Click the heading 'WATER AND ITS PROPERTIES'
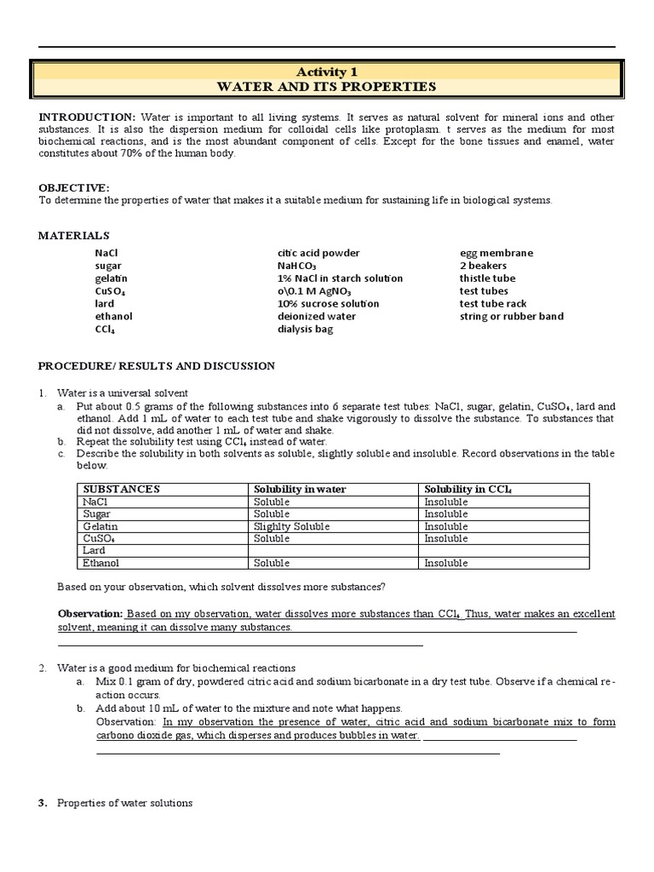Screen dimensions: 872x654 coord(327,86)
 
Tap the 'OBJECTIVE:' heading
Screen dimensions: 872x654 coord(74,187)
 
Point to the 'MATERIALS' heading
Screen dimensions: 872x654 coord(74,235)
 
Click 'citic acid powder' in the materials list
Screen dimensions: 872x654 coord(318,253)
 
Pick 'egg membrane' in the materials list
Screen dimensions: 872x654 coord(496,253)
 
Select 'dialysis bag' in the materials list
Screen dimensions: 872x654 coord(304,329)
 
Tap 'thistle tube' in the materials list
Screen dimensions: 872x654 coord(487,278)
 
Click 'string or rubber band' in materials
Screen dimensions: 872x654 coord(511,316)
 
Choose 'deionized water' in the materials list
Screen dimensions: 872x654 coord(316,316)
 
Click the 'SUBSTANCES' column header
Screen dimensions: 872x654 coord(121,490)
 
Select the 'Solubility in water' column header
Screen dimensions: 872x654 coord(297,490)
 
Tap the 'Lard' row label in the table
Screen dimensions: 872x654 coord(94,551)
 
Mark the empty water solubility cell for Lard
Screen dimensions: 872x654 coord(334,551)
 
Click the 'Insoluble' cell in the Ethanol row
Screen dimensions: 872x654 coord(446,563)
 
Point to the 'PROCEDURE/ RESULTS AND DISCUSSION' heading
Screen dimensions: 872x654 coord(157,366)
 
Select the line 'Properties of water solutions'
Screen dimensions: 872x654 coord(124,803)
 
